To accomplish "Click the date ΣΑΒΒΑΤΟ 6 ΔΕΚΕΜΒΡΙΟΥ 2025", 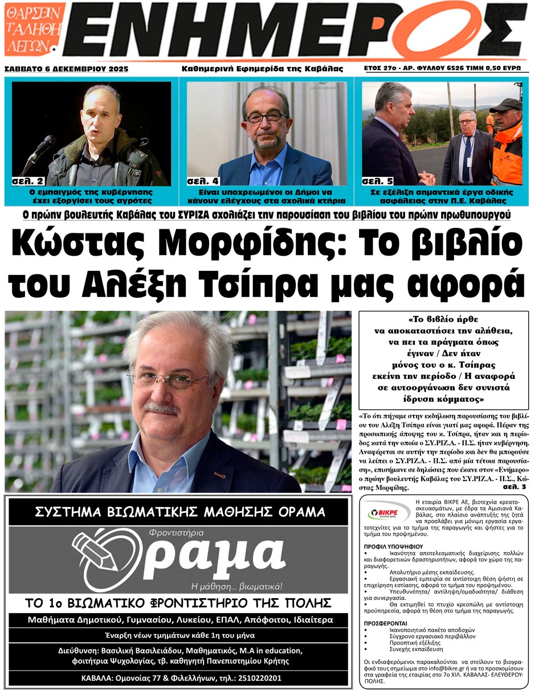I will click(67, 69).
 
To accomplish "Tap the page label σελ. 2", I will click(28, 182).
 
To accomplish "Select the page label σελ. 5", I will click(377, 182).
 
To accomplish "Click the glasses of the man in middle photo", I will click(267, 117).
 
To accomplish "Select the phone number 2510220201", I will click(259, 678).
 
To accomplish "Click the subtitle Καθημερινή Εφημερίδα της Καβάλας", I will click(262, 69).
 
